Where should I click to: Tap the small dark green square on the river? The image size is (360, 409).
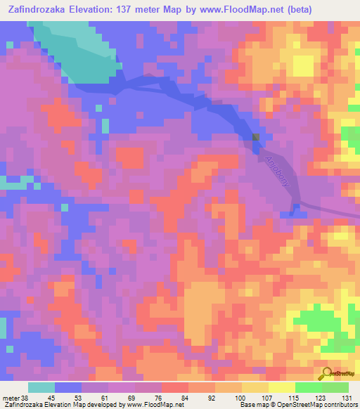pyautogui.click(x=256, y=137)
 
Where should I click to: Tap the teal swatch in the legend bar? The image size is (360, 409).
pyautogui.click(x=41, y=387)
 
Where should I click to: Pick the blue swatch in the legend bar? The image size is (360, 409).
pyautogui.click(x=68, y=387)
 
